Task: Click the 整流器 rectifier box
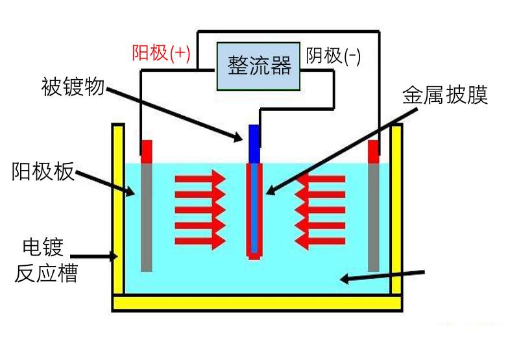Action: point(259,66)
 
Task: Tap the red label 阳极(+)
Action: point(161,53)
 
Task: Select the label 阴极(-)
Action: point(333,56)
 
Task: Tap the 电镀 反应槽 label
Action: point(46,260)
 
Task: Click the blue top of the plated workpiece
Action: point(254,143)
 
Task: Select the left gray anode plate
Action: point(147,217)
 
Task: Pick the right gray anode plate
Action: point(373,217)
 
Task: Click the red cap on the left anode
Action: point(147,150)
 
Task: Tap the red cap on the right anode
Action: point(374,150)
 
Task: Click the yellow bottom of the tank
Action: point(257,302)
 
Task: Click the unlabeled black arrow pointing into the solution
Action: point(383,275)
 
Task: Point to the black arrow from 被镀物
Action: point(175,112)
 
